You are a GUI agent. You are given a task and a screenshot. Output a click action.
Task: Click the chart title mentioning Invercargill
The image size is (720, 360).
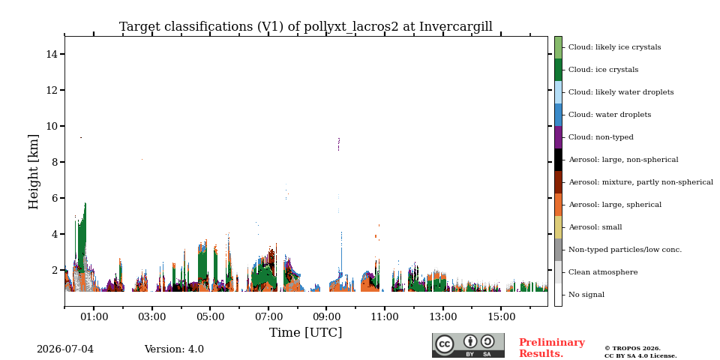click(x=306, y=27)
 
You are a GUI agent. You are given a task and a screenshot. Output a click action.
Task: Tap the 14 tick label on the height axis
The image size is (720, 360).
click(x=52, y=54)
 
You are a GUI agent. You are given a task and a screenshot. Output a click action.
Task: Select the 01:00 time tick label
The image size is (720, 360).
click(x=94, y=316)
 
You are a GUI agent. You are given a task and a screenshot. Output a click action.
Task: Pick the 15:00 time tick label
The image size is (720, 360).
click(x=501, y=316)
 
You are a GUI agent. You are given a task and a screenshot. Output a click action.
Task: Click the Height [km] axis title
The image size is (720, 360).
click(x=34, y=172)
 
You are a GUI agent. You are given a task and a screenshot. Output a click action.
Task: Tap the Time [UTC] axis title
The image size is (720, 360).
click(x=306, y=332)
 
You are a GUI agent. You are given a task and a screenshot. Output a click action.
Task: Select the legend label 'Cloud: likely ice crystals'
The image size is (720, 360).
click(x=615, y=47)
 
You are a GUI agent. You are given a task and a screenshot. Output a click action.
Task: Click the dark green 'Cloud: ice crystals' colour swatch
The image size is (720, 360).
click(x=558, y=70)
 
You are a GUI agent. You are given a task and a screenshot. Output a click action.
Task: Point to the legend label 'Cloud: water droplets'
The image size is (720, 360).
click(x=610, y=115)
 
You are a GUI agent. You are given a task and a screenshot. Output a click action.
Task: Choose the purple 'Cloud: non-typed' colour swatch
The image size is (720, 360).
click(x=558, y=137)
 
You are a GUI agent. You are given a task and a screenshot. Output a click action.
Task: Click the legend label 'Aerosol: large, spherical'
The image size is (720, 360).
click(x=615, y=205)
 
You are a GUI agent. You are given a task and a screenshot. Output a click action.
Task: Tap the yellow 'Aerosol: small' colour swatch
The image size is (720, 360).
click(x=558, y=227)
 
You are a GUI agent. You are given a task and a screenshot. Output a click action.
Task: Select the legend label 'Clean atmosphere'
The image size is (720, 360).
click(x=603, y=272)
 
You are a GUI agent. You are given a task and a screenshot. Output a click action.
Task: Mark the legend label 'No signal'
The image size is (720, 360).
click(x=586, y=295)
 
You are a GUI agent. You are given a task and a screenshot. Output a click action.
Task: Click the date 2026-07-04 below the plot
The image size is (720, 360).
click(x=65, y=349)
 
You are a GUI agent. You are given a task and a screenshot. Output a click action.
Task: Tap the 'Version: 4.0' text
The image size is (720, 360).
click(x=174, y=349)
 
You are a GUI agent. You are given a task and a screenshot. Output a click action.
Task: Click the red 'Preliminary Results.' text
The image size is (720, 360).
click(x=552, y=348)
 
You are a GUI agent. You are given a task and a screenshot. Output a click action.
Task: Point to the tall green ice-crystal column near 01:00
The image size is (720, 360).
click(x=82, y=238)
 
